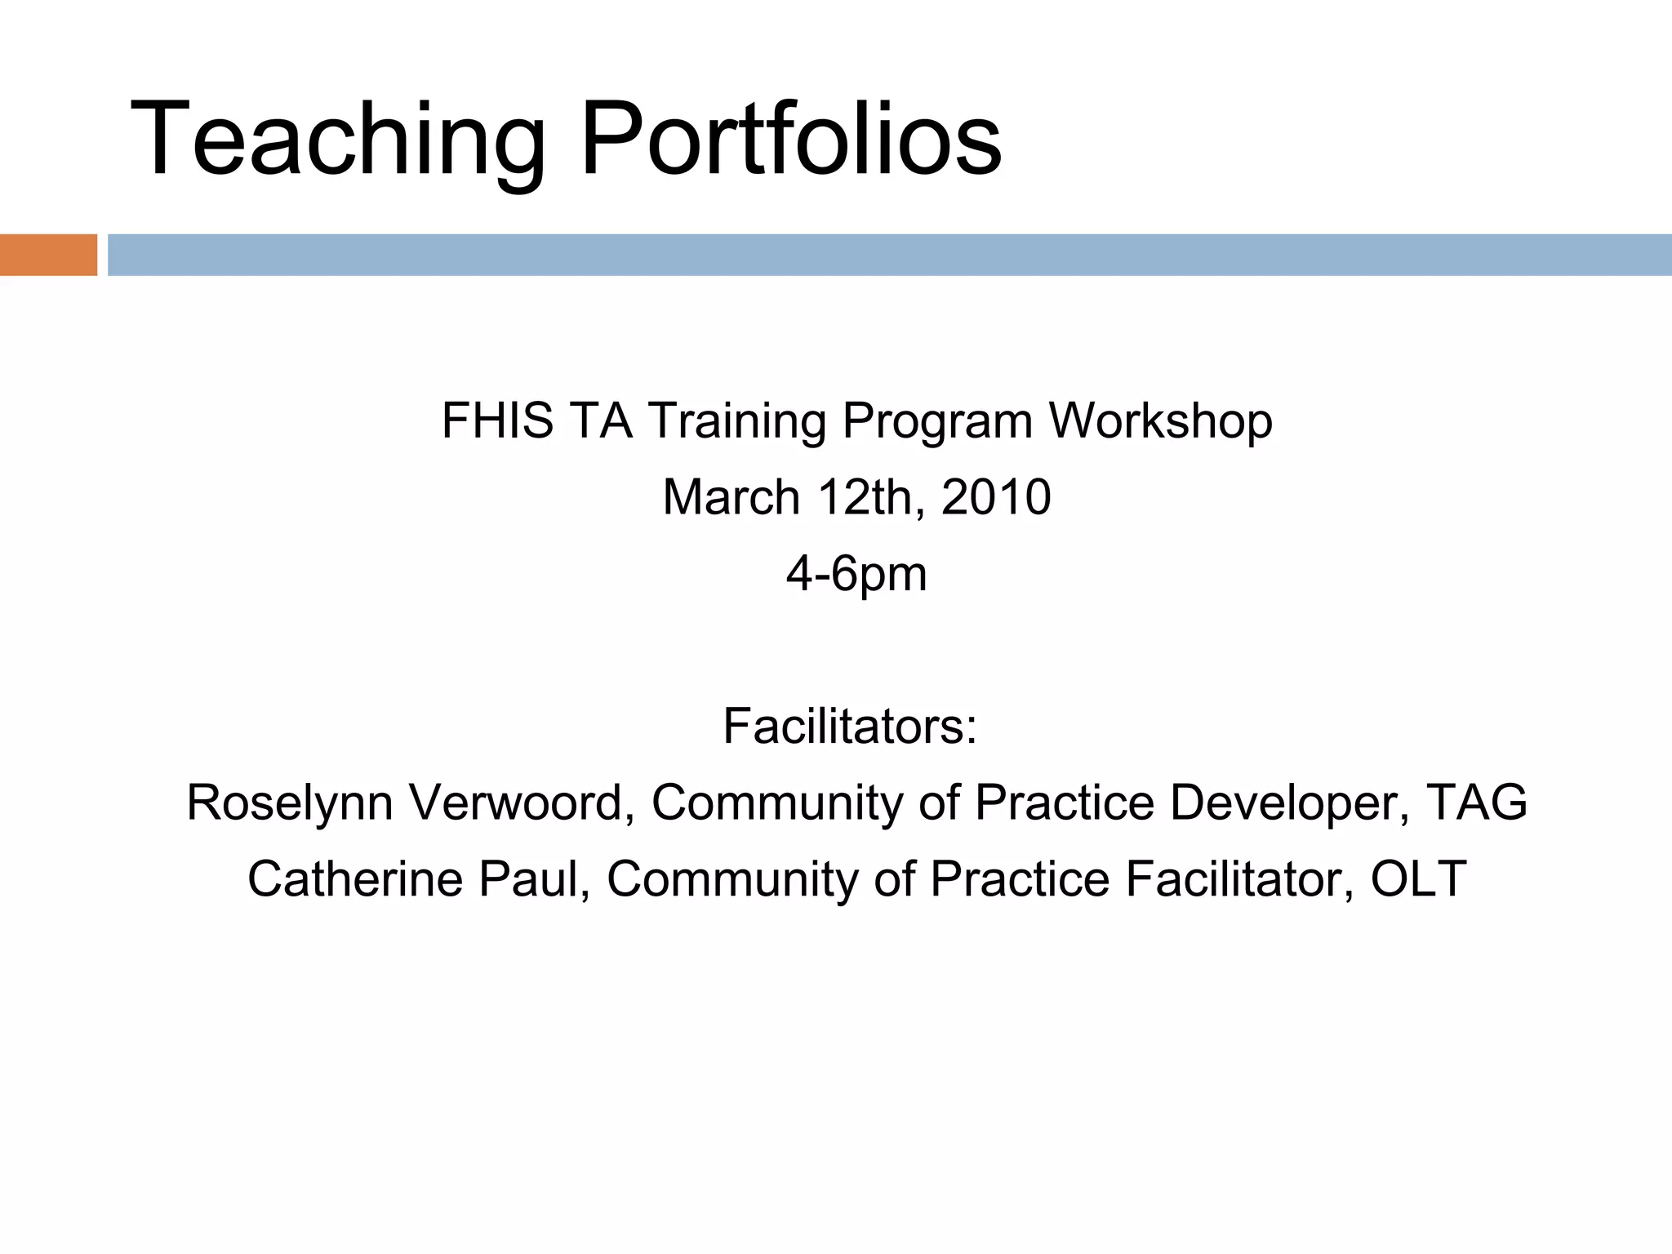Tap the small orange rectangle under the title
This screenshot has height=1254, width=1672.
[48, 255]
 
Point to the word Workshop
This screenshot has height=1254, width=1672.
[1160, 421]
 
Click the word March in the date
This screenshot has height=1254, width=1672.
[731, 497]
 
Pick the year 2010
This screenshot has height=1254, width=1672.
[996, 497]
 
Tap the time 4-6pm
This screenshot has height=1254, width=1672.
[856, 574]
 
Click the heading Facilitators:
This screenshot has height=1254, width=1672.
[850, 726]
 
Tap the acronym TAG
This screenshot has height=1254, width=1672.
[1476, 803]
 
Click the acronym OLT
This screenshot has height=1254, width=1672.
[1418, 879]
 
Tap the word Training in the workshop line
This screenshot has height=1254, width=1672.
[738, 421]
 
